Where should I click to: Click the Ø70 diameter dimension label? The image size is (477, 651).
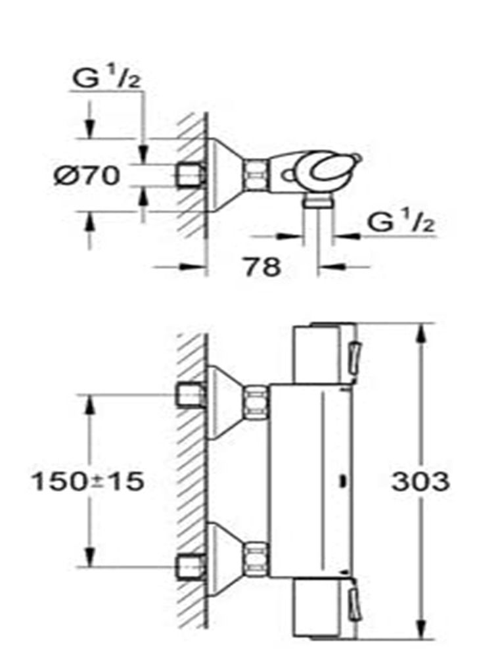86,176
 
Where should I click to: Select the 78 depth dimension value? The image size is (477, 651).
262,266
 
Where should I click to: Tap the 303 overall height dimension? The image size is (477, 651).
420,482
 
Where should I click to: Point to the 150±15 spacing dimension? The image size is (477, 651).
87,482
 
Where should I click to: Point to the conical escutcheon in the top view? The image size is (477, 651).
223,174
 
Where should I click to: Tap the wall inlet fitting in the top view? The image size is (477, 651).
191,174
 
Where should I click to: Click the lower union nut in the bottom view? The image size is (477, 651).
256,556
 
